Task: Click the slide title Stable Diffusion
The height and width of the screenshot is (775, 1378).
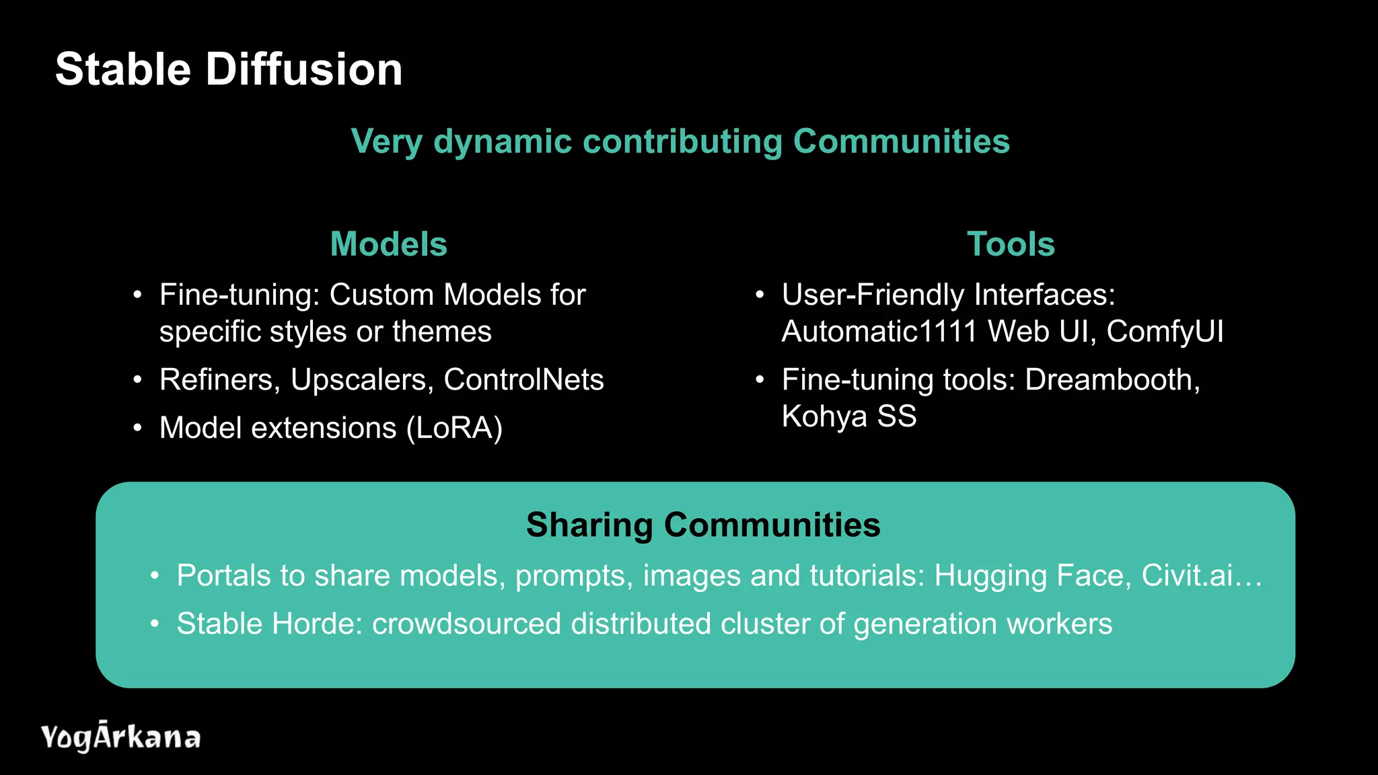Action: pos(229,69)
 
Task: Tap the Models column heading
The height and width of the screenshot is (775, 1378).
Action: pos(388,244)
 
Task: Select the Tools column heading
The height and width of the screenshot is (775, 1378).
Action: pos(1011,244)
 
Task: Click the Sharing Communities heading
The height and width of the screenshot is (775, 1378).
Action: pos(703,525)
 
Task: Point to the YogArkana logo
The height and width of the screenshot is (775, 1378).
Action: pos(120,737)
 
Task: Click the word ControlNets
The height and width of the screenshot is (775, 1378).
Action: pos(523,380)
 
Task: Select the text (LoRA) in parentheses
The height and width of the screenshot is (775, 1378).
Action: pos(454,428)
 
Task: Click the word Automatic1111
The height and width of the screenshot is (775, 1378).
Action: pos(879,331)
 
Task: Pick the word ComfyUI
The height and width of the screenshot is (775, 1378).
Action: pos(1165,331)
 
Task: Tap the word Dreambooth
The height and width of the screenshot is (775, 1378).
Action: pos(1112,380)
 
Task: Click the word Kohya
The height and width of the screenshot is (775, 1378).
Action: pos(824,416)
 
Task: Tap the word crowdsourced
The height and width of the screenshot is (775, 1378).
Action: pos(466,624)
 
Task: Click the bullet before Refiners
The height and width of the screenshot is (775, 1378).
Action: pos(137,380)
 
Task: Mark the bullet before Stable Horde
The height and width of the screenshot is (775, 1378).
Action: pos(155,624)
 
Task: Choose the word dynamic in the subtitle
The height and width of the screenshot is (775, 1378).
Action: pos(502,142)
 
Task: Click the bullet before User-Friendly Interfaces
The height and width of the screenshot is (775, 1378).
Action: pos(760,295)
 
